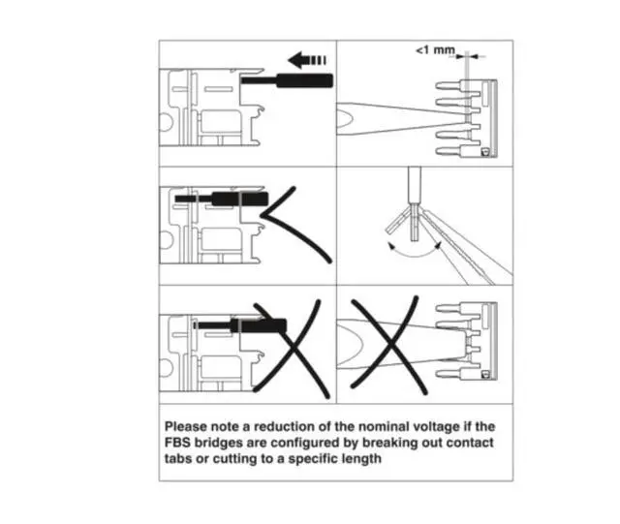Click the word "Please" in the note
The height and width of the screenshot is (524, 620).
(x=188, y=426)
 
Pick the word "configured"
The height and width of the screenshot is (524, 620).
(x=309, y=444)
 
